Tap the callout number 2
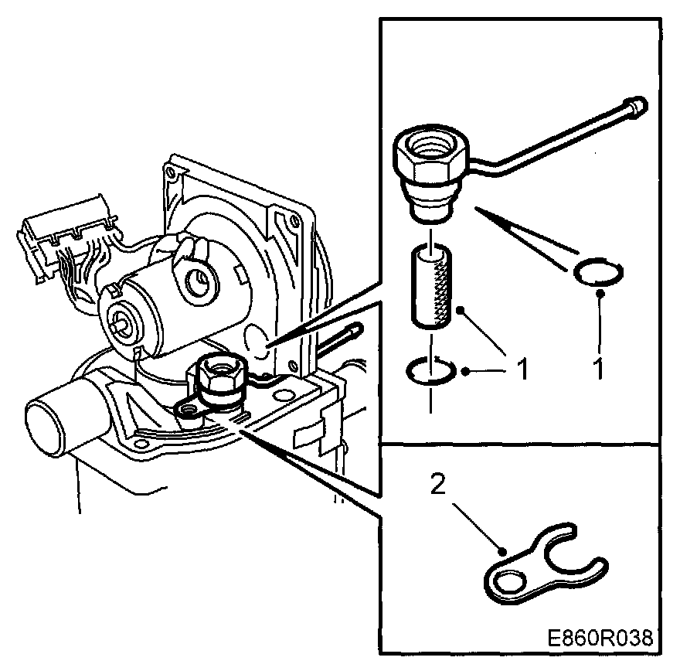pos(437,485)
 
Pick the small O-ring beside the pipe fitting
pos(600,273)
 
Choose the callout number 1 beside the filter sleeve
pos(522,370)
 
